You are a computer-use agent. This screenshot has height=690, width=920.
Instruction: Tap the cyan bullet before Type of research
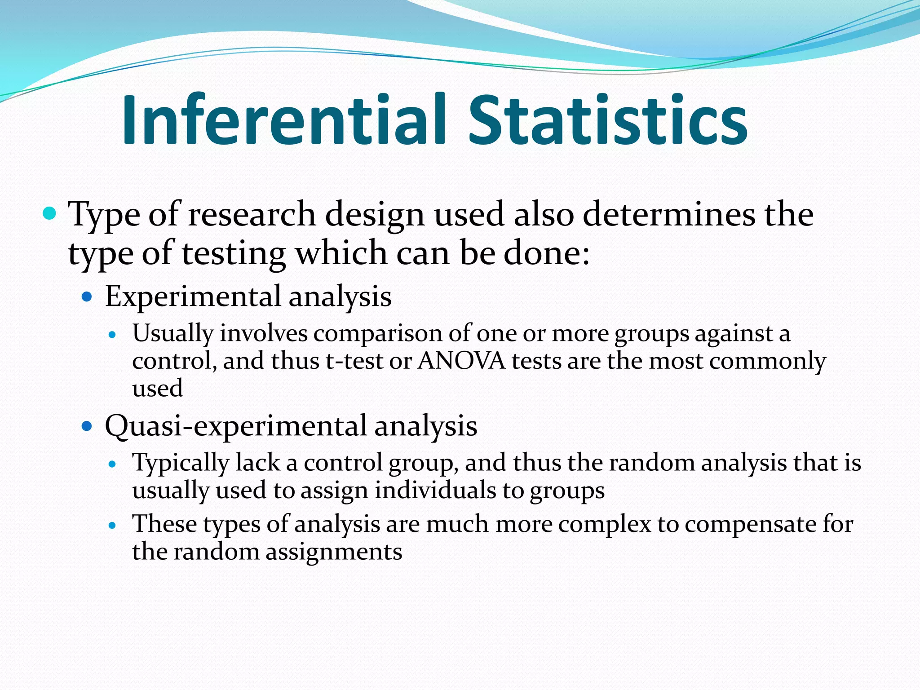49,213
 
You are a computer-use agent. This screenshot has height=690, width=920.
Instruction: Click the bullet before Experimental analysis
87,297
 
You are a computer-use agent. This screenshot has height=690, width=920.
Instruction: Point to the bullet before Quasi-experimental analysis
87,426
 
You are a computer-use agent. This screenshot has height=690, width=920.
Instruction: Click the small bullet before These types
113,525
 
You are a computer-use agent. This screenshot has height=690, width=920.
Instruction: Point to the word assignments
334,552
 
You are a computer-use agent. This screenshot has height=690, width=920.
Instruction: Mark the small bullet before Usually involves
113,335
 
